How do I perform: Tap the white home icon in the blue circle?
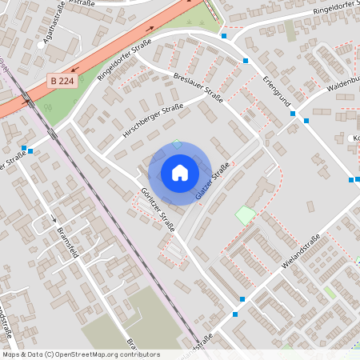[180, 173]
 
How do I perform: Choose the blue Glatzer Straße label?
[213, 181]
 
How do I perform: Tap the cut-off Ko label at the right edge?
[355, 138]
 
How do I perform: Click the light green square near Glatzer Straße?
[245, 214]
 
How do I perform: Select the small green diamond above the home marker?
[177, 144]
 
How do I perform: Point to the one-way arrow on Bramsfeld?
[54, 218]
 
